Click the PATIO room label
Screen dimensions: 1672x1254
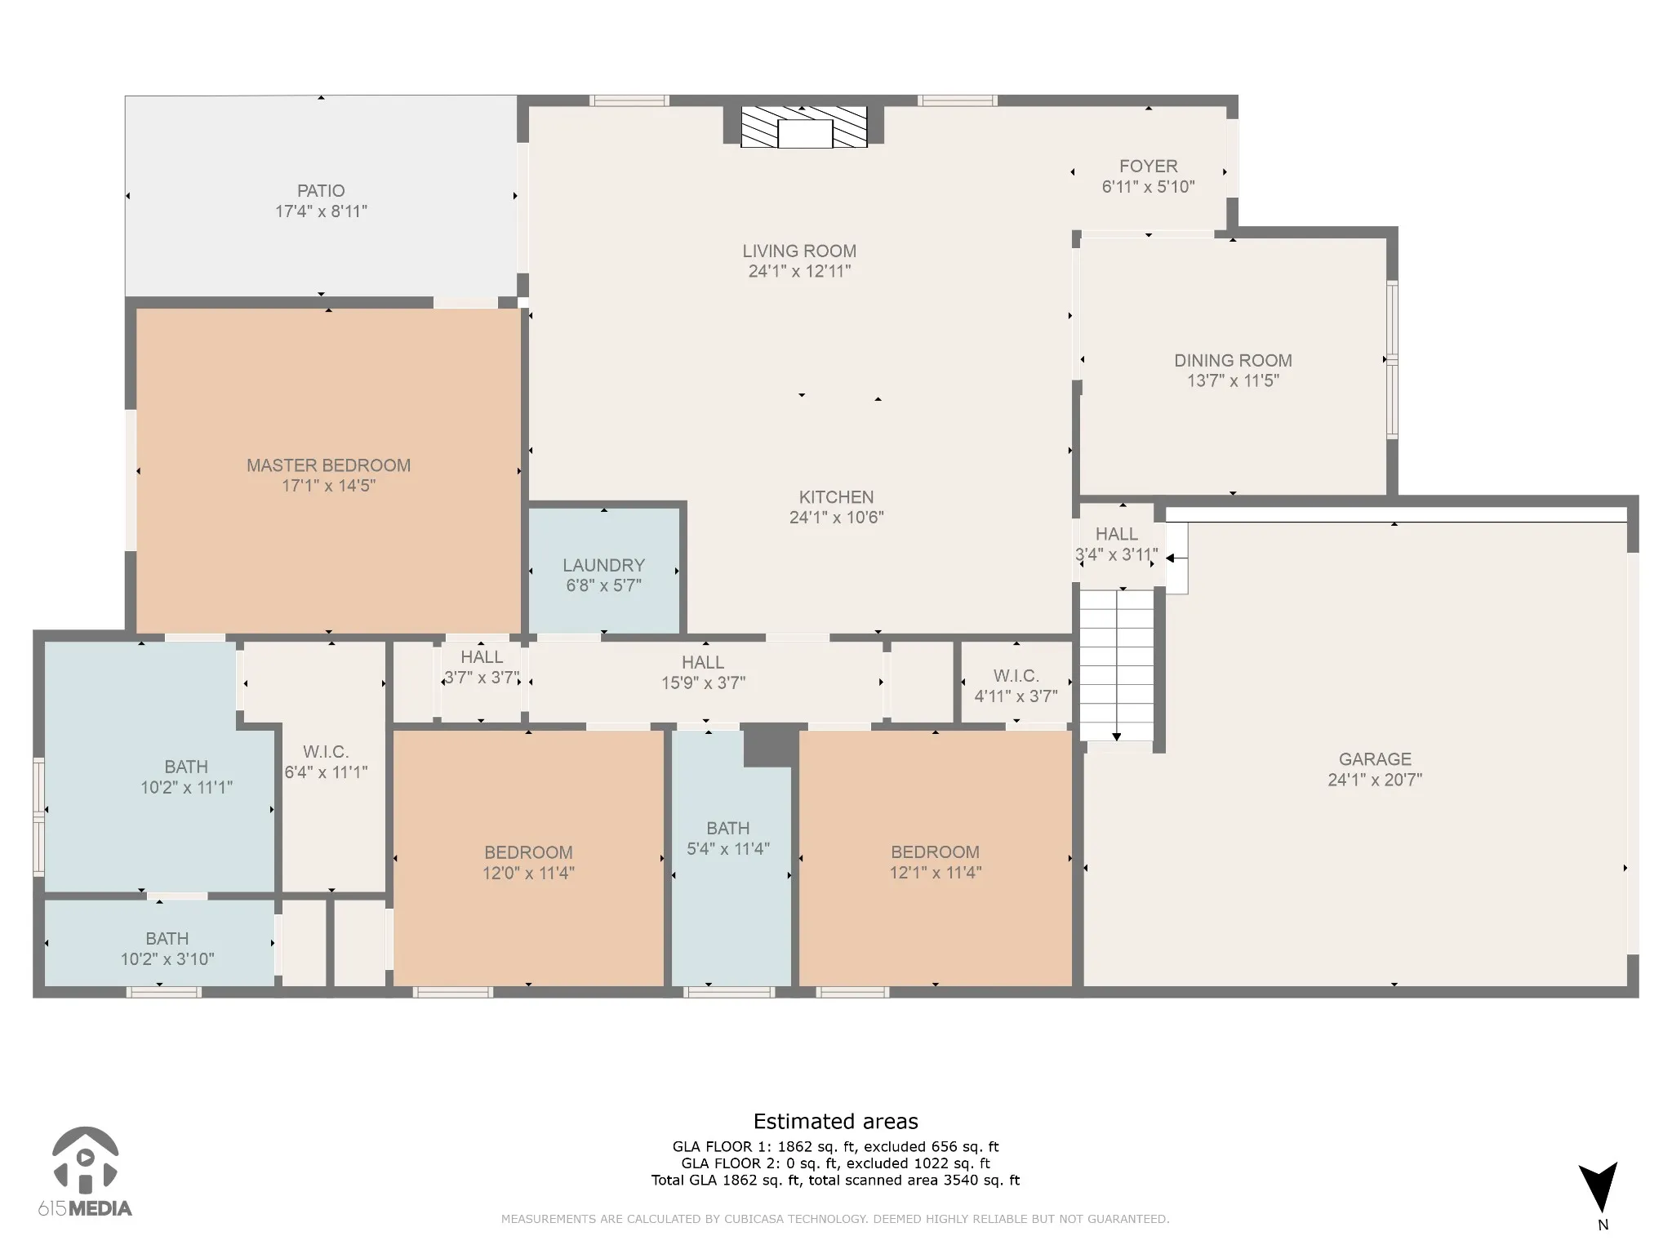[321, 191]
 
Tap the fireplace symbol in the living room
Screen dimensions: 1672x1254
[803, 127]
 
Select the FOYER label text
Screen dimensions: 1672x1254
[1148, 167]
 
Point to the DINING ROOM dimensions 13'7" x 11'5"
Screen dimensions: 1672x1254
[1233, 380]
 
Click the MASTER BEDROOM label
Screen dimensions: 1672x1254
[328, 465]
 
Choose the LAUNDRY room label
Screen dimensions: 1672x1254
[603, 565]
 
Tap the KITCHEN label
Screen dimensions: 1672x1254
[836, 497]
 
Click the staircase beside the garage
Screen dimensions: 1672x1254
[1116, 665]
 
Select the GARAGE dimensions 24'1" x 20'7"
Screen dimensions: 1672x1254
[1375, 780]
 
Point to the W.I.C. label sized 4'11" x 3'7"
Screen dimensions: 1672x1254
[1016, 676]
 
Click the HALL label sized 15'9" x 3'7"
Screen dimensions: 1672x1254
[703, 662]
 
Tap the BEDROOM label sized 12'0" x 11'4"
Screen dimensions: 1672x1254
[528, 852]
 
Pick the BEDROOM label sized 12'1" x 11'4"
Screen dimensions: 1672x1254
[935, 852]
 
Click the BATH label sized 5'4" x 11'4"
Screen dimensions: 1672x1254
[727, 828]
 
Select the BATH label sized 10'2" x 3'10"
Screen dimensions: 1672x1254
[167, 939]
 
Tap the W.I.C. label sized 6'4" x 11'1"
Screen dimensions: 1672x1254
[326, 752]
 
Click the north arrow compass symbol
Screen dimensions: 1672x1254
[1599, 1188]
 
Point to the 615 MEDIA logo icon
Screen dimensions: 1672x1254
[85, 1159]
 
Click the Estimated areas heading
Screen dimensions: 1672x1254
[835, 1122]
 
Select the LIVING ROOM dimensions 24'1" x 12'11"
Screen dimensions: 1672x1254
[799, 271]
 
